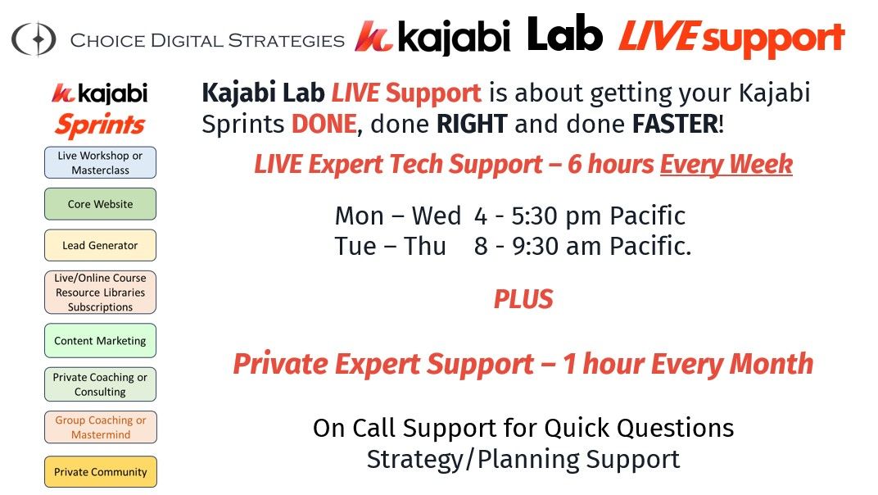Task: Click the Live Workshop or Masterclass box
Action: point(100,162)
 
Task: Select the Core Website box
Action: point(100,204)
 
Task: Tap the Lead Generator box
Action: point(100,246)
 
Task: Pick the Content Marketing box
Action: point(100,341)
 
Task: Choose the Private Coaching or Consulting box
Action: point(100,384)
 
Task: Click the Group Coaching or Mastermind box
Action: point(100,427)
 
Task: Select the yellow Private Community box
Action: point(100,472)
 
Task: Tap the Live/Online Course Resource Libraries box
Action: point(100,292)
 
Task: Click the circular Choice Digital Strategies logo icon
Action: point(34,39)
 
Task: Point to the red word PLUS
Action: point(523,299)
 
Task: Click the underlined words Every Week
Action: point(726,164)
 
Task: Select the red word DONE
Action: point(324,124)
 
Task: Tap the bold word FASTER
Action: point(675,124)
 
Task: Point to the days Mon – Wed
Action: point(397,216)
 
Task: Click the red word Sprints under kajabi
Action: point(100,125)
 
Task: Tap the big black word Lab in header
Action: point(564,34)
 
